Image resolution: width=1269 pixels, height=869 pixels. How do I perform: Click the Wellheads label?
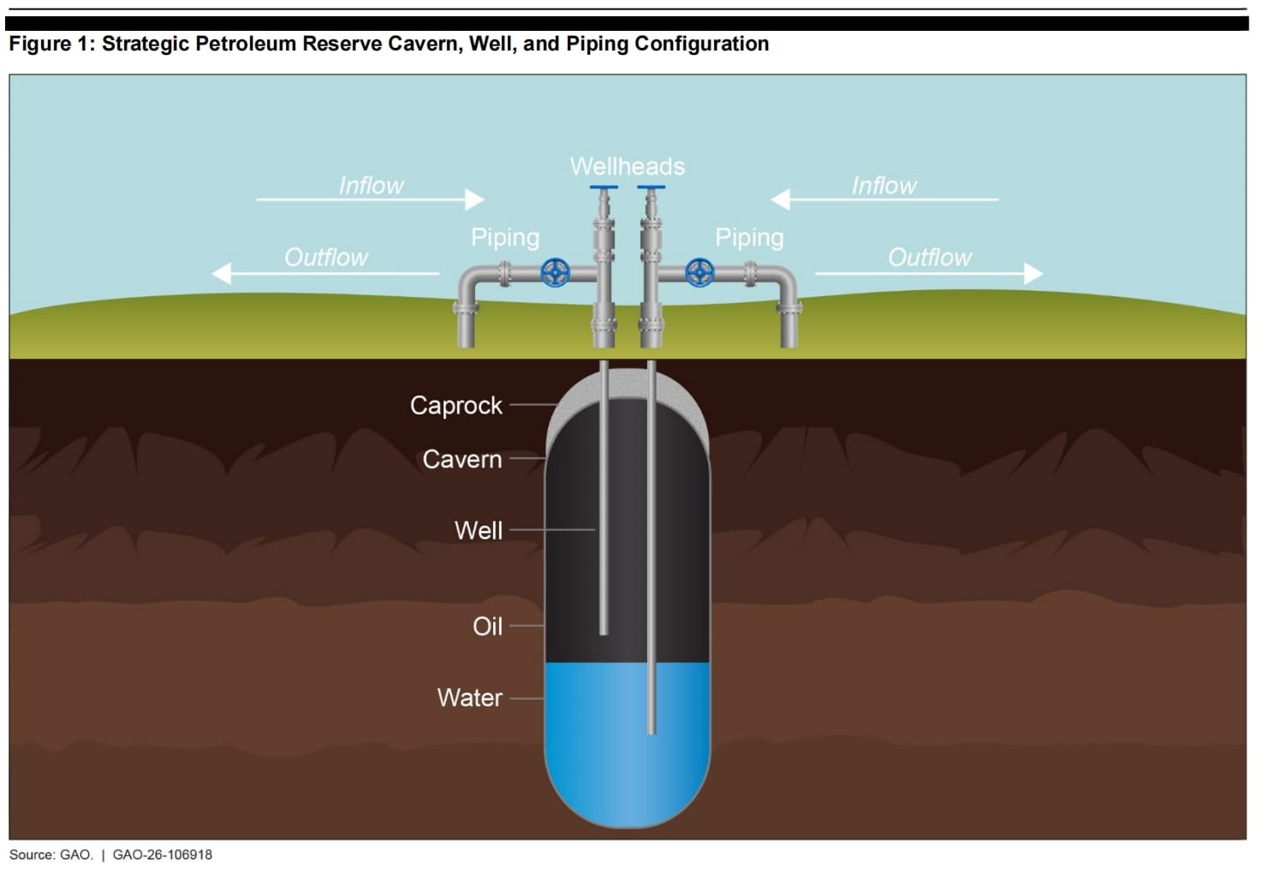pyautogui.click(x=627, y=167)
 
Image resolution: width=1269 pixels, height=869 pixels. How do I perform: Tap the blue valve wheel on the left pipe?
pyautogui.click(x=555, y=273)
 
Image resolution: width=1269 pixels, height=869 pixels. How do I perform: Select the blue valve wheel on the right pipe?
pyautogui.click(x=700, y=273)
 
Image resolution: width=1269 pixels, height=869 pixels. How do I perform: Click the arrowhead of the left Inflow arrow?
pyautogui.click(x=474, y=199)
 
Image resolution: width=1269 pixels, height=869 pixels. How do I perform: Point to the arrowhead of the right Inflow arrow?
pyautogui.click(x=781, y=199)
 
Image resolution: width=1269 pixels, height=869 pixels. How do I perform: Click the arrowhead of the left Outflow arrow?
pyautogui.click(x=221, y=274)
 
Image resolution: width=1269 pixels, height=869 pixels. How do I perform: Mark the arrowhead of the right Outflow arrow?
pyautogui.click(x=1034, y=274)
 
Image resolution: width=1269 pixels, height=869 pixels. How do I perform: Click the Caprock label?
pyautogui.click(x=456, y=406)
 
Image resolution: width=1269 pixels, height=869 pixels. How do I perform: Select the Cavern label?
pyautogui.click(x=462, y=460)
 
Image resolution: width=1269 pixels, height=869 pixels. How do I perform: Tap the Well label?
pyautogui.click(x=478, y=531)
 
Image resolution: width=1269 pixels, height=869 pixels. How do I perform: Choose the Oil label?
pyautogui.click(x=487, y=627)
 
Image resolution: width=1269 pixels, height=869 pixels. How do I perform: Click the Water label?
pyautogui.click(x=469, y=698)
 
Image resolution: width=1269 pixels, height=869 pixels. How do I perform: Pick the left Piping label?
pyautogui.click(x=505, y=237)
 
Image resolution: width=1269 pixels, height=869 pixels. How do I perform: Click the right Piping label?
pyautogui.click(x=749, y=237)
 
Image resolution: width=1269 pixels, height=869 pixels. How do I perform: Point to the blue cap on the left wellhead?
pyautogui.click(x=604, y=187)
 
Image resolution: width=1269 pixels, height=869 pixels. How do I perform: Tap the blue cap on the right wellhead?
pyautogui.click(x=652, y=187)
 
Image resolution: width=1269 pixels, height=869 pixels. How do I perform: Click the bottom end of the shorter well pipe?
pyautogui.click(x=604, y=634)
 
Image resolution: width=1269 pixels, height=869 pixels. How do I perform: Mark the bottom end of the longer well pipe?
pyautogui.click(x=652, y=733)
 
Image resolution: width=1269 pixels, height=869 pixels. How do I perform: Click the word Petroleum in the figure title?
pyautogui.click(x=243, y=44)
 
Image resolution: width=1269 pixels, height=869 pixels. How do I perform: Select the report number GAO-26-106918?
pyautogui.click(x=163, y=854)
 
